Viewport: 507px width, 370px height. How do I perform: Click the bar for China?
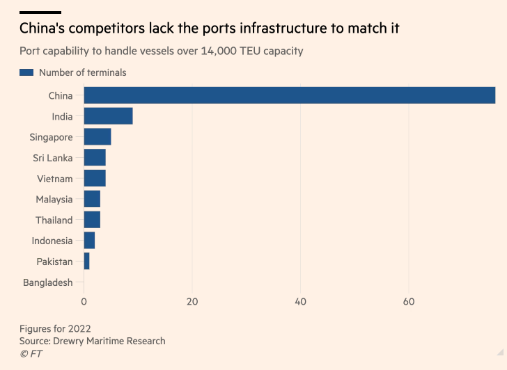(x=289, y=95)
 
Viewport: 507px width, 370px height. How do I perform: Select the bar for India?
(x=108, y=116)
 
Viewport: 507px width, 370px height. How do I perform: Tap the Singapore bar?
(x=97, y=137)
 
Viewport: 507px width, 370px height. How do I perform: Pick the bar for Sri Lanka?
(x=95, y=158)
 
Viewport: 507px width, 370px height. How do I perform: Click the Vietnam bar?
(x=95, y=179)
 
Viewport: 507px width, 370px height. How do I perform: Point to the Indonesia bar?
(x=89, y=241)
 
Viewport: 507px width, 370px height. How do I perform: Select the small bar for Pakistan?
(x=86, y=262)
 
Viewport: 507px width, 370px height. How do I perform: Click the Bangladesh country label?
(x=47, y=282)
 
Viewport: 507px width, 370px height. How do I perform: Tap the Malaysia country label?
(x=54, y=200)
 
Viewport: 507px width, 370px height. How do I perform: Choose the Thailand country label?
(x=54, y=220)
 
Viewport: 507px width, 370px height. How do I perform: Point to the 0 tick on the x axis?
(x=84, y=302)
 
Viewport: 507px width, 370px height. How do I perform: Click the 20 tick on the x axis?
(x=192, y=302)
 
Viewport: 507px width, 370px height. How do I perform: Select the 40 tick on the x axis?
(x=301, y=302)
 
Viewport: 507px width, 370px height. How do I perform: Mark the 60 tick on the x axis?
(x=409, y=302)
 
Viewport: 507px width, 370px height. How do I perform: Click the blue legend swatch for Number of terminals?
(x=26, y=72)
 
